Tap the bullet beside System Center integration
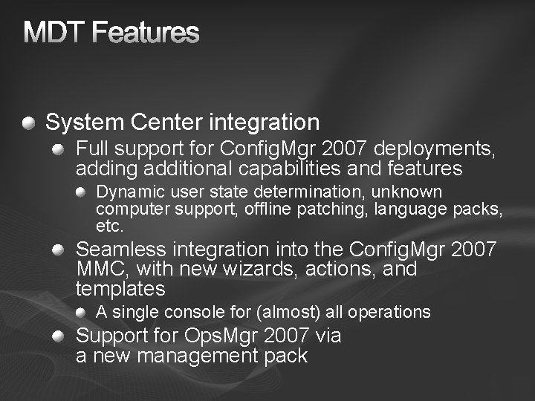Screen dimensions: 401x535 pos(28,121)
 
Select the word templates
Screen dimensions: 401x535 pos(120,287)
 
